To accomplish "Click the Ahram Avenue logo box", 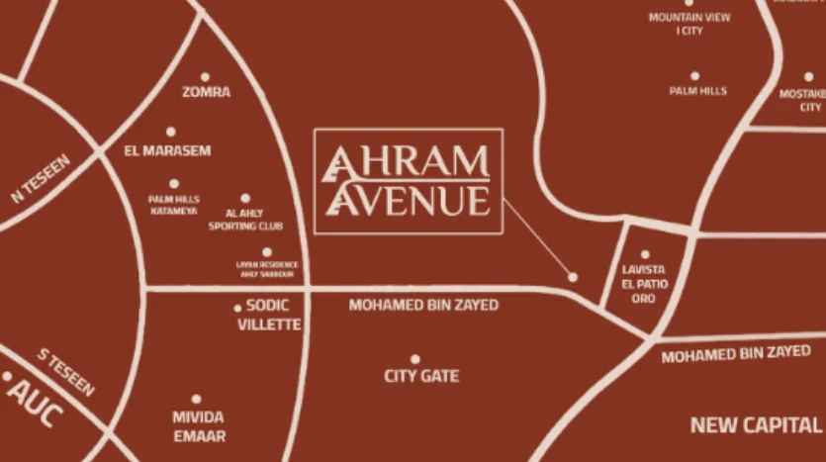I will click(408, 181).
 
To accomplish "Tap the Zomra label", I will click(206, 92).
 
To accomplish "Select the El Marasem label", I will click(167, 150).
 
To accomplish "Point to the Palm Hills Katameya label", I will click(173, 205).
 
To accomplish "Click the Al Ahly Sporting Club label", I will click(245, 220).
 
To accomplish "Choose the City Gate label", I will click(421, 376).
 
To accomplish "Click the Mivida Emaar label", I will click(198, 426).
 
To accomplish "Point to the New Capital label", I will click(756, 425).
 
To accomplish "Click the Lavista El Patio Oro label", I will click(644, 283).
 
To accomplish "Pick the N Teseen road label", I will click(41, 178).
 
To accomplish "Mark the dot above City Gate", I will click(414, 359).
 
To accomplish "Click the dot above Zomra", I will click(205, 76).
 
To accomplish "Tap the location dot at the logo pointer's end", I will click(572, 277).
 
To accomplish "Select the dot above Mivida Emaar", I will click(196, 400).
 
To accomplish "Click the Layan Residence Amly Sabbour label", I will click(266, 269).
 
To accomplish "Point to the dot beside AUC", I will click(8, 376).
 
